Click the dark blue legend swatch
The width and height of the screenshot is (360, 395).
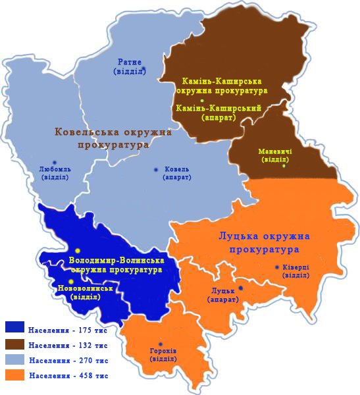coord(14,327)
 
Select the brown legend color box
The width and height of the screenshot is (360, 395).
coord(14,344)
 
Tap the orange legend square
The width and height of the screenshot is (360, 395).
coord(14,376)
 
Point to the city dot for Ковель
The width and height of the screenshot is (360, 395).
coord(156,170)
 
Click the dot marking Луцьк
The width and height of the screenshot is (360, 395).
coord(241,288)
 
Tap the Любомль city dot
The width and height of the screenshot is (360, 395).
coord(55,162)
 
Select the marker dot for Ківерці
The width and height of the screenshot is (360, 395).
coord(276,267)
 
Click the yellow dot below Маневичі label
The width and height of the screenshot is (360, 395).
coord(284,166)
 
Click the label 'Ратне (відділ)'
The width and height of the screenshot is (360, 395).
coord(130,66)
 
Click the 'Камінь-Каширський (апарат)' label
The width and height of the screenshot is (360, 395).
coord(211,113)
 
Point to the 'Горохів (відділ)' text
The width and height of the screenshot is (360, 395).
coord(163,355)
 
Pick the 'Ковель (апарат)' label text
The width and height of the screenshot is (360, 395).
coord(176,174)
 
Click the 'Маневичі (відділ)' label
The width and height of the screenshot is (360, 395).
coord(276,155)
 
